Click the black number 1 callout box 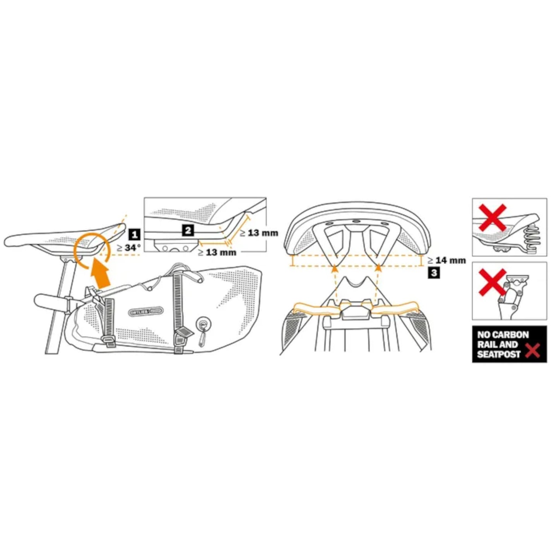click(134, 234)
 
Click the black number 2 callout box click(188, 231)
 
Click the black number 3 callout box click(434, 273)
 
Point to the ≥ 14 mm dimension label click(447, 260)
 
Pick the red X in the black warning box click(533, 351)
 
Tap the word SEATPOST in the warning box click(499, 354)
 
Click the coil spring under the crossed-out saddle click(530, 238)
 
